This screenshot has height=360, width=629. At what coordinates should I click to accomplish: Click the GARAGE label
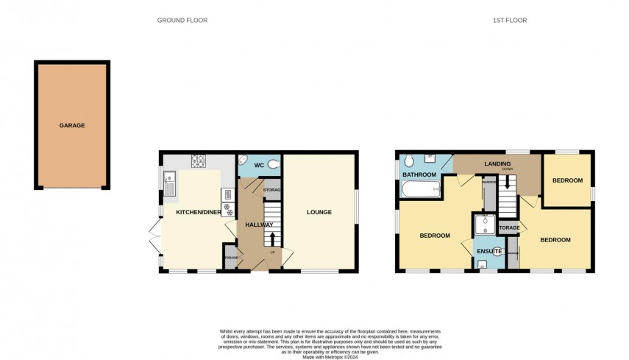pos(72,126)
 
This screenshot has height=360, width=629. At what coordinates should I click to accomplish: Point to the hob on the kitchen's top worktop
pos(199,159)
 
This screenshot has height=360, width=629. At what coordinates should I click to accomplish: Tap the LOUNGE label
pos(319,213)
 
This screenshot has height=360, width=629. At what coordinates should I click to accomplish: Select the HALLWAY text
pos(259,225)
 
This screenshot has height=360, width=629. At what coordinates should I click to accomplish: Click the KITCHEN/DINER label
pos(198,213)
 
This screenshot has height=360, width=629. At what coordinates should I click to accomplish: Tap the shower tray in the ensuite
pos(485,225)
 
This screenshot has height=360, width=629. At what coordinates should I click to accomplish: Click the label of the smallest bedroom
pos(567,180)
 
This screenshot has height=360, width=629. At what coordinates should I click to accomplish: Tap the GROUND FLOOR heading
pos(182,21)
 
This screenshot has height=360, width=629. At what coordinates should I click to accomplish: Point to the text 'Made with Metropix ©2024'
pos(314,356)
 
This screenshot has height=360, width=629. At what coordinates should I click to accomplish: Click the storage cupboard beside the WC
pos(271,189)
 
